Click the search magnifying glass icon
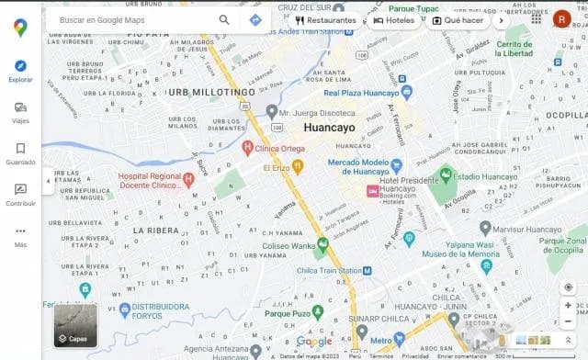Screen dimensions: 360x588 click(224, 19)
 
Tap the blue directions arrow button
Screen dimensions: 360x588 click(254, 19)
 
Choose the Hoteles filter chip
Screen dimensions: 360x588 click(393, 19)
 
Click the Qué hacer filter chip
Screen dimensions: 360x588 click(458, 19)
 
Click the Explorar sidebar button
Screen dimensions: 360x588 click(20, 70)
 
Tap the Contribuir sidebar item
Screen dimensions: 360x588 click(20, 194)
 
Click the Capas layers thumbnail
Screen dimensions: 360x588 click(74, 325)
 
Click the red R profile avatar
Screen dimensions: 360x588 click(561, 18)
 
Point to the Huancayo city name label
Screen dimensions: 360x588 click(328, 128)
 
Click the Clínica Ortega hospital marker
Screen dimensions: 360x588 click(247, 147)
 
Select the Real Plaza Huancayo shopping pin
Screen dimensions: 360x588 click(406, 93)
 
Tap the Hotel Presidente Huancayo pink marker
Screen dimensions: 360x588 click(372, 190)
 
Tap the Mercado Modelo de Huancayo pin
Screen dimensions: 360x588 click(396, 166)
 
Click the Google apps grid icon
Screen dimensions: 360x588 click(536, 18)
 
